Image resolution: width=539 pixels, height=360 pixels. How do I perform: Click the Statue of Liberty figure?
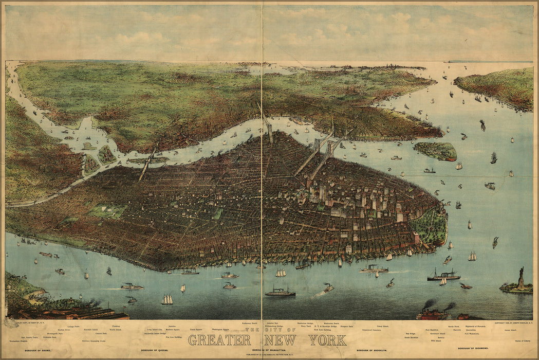click(x=521, y=278)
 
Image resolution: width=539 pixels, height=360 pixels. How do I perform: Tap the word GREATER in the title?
click(x=219, y=340)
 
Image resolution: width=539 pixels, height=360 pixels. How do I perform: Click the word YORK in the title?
click(x=327, y=340)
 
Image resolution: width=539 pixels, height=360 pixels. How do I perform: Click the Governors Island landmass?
click(x=436, y=151)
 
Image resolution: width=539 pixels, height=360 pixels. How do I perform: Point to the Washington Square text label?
click(x=220, y=330)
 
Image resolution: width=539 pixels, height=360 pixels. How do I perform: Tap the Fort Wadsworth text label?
click(x=474, y=333)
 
